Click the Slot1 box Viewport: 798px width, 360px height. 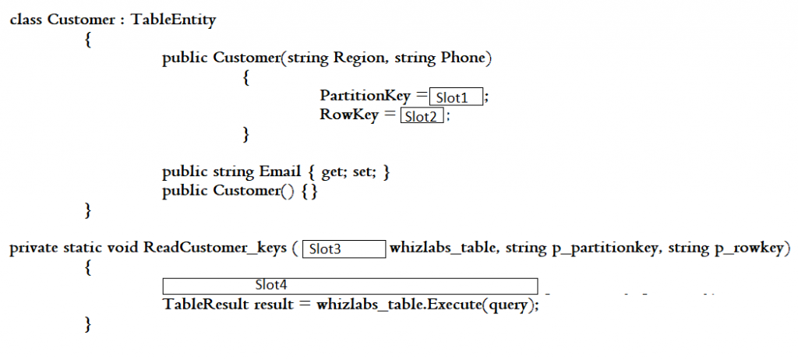[456, 97]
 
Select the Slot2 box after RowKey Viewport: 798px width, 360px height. [422, 117]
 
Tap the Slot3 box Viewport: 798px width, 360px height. [344, 249]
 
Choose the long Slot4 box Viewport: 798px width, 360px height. [350, 286]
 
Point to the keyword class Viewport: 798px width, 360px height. [26, 19]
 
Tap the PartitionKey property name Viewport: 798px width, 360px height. [365, 97]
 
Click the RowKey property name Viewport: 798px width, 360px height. [348, 115]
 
